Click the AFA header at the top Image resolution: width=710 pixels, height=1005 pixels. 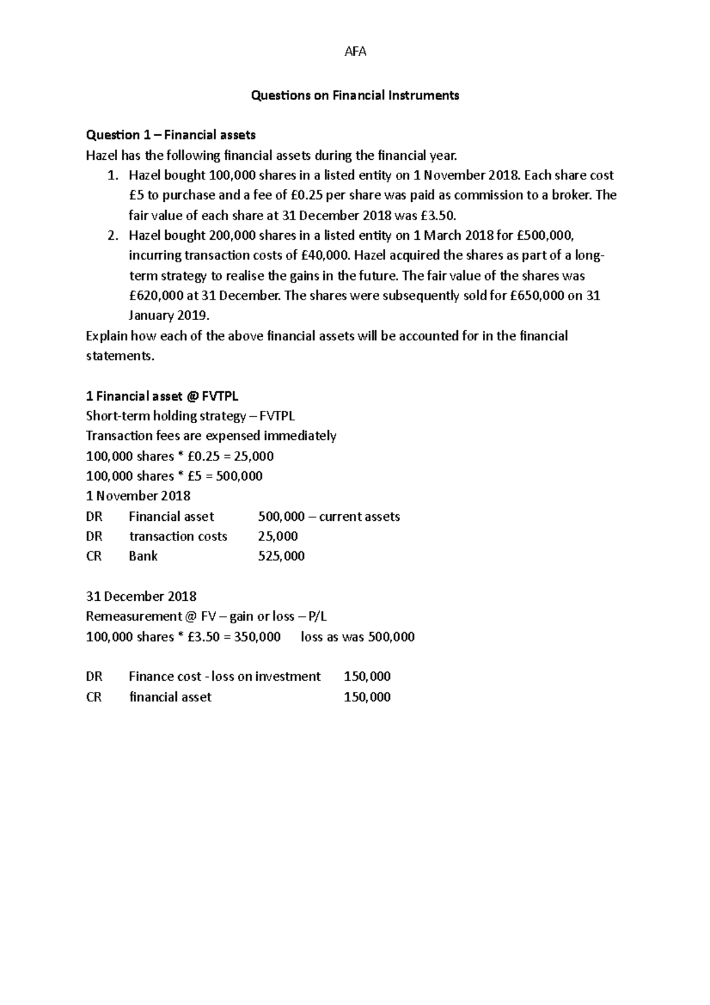coord(355,51)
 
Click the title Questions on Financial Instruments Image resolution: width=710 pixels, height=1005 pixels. coord(355,95)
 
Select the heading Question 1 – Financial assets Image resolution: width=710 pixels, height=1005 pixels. coord(170,135)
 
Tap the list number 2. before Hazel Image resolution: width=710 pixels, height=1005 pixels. coord(114,236)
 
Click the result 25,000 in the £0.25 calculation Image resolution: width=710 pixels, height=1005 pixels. coord(254,456)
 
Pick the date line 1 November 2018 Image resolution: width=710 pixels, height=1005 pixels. coord(138,496)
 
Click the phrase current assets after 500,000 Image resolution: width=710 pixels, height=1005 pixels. coord(359,517)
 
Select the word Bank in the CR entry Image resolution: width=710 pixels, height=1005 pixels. coord(143,556)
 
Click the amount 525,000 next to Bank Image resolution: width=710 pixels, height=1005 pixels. coord(281,556)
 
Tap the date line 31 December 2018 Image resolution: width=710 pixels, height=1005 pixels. coord(141,597)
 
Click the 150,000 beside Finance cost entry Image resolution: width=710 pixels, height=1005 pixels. coord(367,677)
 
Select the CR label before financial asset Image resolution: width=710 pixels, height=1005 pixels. coord(93,697)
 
